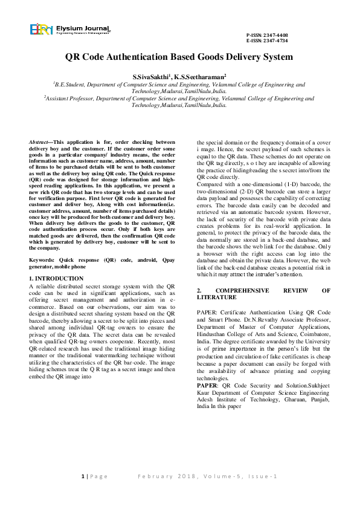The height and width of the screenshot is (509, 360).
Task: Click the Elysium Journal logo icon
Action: click(x=41, y=30)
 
